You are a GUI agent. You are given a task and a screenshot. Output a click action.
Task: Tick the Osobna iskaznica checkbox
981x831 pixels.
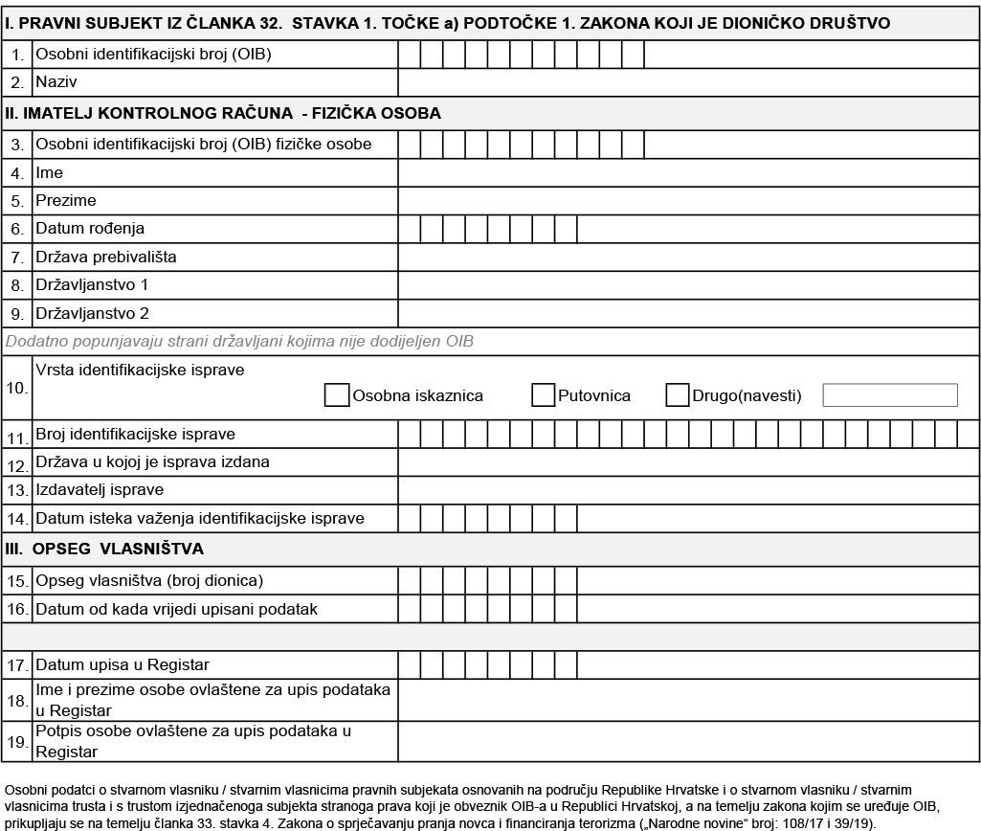tap(337, 395)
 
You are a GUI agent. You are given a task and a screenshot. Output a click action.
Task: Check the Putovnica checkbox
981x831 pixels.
tap(544, 395)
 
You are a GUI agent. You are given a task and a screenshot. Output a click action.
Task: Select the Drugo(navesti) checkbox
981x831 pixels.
tap(678, 395)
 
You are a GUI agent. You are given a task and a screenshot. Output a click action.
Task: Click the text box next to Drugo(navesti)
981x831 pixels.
tap(890, 395)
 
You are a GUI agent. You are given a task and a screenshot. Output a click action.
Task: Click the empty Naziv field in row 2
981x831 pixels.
tap(688, 82)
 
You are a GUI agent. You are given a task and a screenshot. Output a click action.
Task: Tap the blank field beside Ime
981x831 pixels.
tap(688, 173)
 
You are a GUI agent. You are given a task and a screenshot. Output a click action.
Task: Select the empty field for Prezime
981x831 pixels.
tap(688, 201)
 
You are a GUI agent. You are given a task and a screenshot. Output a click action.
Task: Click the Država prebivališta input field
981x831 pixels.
tap(688, 257)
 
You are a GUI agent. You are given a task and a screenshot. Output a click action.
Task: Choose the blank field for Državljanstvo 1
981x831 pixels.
tap(688, 285)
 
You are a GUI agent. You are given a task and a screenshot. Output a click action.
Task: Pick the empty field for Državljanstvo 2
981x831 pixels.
tap(688, 313)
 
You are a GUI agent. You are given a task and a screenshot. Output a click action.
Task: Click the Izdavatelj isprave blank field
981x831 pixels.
tap(688, 490)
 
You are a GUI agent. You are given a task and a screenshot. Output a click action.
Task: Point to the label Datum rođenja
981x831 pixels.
tap(90, 229)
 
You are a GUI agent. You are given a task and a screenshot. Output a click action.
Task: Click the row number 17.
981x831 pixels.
tap(17, 665)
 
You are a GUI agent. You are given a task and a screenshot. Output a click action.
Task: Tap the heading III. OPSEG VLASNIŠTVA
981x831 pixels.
tap(104, 550)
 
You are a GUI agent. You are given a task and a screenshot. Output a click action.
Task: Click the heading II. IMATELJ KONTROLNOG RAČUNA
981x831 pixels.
tap(223, 113)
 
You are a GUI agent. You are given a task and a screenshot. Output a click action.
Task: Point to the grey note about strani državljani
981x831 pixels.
tap(240, 341)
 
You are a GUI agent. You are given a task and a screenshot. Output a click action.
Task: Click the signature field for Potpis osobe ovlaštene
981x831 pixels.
tap(688, 742)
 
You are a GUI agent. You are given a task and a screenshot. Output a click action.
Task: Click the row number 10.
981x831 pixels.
tap(17, 389)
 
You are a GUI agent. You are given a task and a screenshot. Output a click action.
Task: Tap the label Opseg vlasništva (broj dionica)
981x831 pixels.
tap(149, 581)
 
